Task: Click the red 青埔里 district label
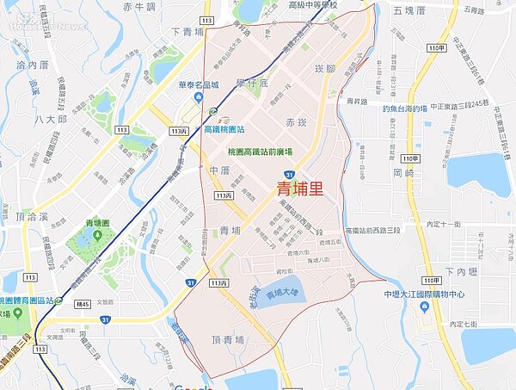click(x=300, y=189)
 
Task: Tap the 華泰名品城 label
click(x=199, y=86)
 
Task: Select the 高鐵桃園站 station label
click(x=224, y=129)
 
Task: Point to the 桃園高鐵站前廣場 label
click(x=260, y=152)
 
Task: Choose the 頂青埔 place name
click(x=227, y=340)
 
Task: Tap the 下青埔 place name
click(x=187, y=32)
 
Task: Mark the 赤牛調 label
click(x=138, y=7)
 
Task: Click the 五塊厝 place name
click(x=409, y=10)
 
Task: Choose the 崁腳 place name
click(x=325, y=68)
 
